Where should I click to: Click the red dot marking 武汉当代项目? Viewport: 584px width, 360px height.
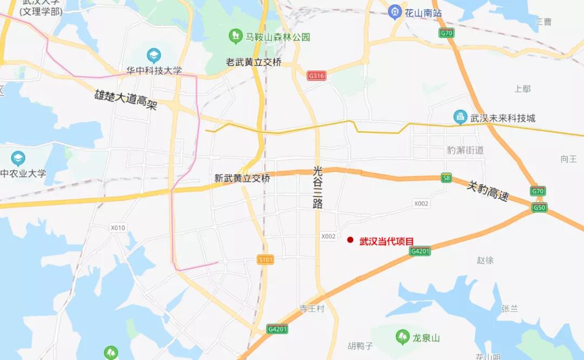click(350, 240)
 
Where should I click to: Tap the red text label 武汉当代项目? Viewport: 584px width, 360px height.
click(387, 241)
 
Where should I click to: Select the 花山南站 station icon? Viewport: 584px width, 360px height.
click(396, 12)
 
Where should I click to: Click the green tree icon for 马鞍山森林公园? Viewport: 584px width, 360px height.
click(235, 37)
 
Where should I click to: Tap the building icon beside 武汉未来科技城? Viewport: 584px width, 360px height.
click(460, 117)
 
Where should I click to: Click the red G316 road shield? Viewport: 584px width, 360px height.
click(316, 76)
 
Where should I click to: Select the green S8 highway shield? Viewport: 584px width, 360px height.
click(446, 178)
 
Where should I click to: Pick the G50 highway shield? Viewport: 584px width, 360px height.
click(539, 208)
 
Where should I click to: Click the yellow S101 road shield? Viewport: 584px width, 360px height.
click(266, 260)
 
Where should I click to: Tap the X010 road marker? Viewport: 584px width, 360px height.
click(118, 228)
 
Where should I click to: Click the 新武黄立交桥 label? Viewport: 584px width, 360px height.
click(242, 178)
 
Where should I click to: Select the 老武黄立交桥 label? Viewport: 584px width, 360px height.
click(254, 62)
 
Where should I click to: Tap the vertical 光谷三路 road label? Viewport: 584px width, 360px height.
click(317, 187)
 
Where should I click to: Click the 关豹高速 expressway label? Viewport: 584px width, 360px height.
click(488, 191)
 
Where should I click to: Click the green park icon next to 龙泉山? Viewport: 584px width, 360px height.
click(402, 337)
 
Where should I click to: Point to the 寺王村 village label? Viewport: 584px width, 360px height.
click(311, 309)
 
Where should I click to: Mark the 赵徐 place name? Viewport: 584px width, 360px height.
click(485, 260)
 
